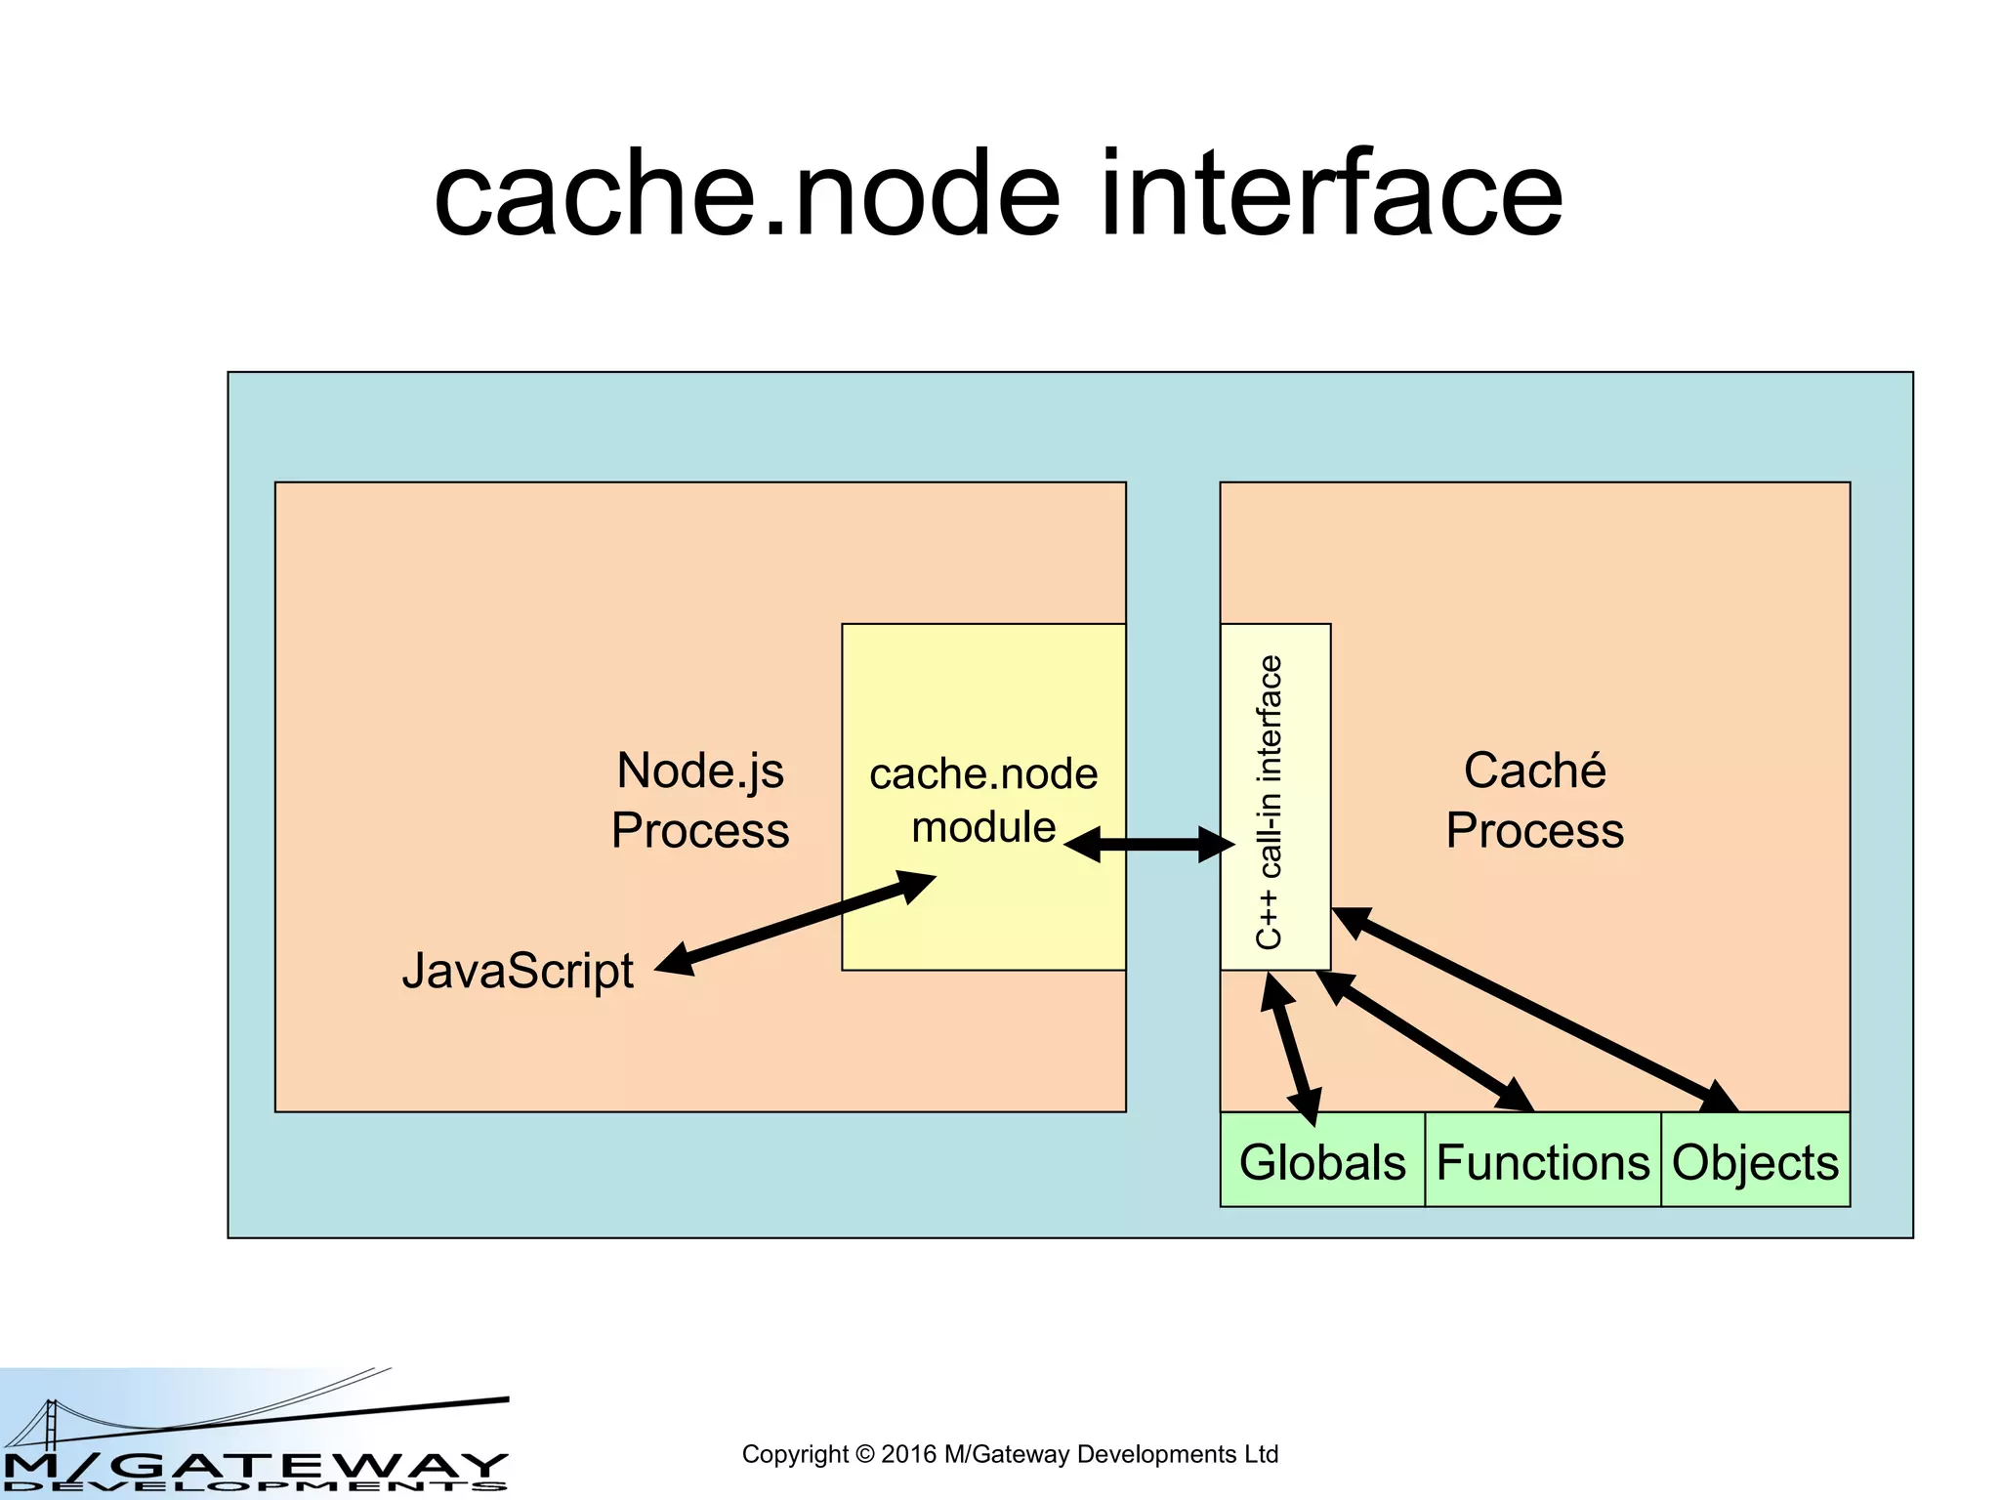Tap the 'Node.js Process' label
coord(700,800)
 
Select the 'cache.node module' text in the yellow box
coord(983,800)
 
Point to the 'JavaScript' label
coord(518,971)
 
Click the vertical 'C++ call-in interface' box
coord(1274,796)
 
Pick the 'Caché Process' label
coord(1534,800)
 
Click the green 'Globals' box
coord(1322,1161)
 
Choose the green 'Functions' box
coord(1543,1161)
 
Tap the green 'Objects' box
coord(1755,1161)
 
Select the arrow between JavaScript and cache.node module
coord(795,923)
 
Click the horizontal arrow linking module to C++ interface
coord(1148,844)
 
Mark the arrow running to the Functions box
coord(1425,1041)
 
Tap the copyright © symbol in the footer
coord(865,1455)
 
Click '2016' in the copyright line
coord(908,1455)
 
